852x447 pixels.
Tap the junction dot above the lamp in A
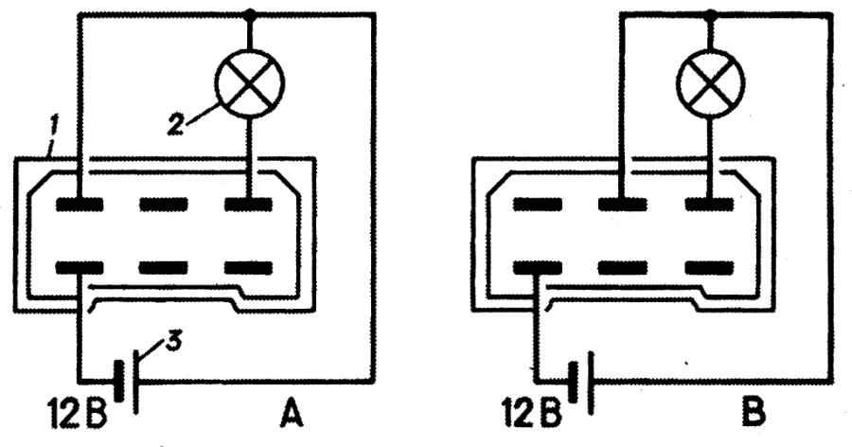[x=251, y=14]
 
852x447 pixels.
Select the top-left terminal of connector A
[x=80, y=204]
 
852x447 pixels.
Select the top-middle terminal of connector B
[x=621, y=204]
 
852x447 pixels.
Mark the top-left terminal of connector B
[x=539, y=204]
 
